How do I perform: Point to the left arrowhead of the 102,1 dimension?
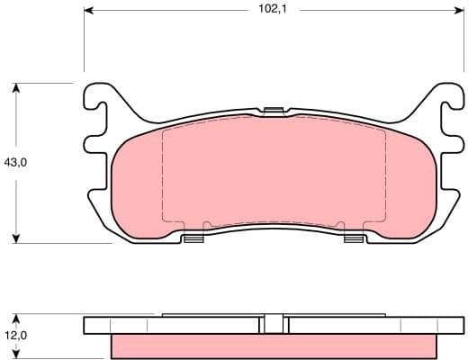click(87, 11)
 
